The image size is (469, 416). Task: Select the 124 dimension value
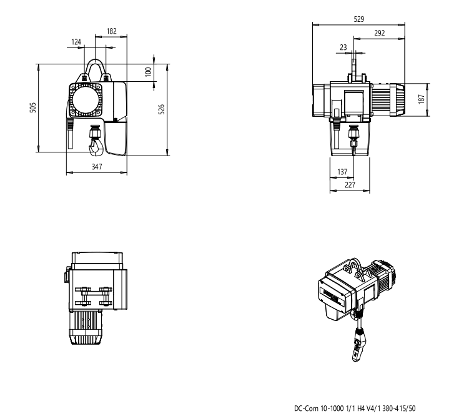click(77, 42)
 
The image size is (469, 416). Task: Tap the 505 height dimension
click(33, 107)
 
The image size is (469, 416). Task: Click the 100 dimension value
click(148, 72)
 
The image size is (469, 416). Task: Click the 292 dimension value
click(379, 33)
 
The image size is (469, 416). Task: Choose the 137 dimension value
click(341, 171)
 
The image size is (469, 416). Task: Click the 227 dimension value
click(350, 185)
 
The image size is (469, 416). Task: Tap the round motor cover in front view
click(86, 99)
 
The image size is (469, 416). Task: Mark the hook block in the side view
click(353, 134)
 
